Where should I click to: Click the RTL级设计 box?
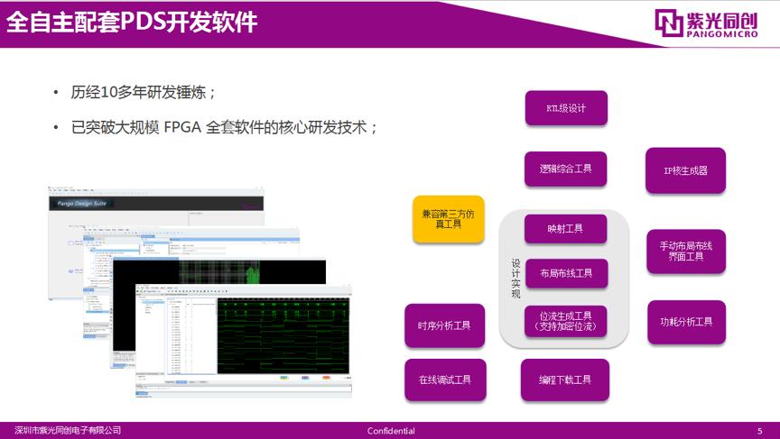coord(566,108)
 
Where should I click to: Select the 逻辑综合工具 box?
coord(566,169)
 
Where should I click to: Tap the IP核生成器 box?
coord(685,170)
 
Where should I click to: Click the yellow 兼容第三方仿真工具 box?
coord(448,219)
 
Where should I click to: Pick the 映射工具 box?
coord(565,229)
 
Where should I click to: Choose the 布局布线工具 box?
coord(565,273)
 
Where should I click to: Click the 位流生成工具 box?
coord(565,321)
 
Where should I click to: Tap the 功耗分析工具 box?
coord(685,322)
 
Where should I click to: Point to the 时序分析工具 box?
coord(444,325)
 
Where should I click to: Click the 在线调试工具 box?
coord(444,380)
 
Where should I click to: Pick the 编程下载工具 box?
coord(565,380)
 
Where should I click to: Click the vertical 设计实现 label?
coord(516,279)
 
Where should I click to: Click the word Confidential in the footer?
coord(391,431)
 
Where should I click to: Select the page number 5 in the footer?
coord(759,431)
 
